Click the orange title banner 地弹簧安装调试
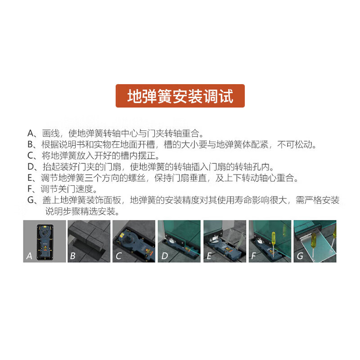(x=180, y=96)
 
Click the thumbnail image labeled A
(x=45, y=241)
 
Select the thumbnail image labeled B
(x=89, y=241)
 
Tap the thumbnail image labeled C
(x=134, y=241)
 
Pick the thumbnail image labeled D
(x=179, y=241)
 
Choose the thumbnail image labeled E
(x=225, y=241)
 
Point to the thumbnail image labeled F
(x=270, y=241)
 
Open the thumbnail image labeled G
(x=315, y=241)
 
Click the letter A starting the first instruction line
(x=31, y=134)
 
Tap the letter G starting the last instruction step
(x=31, y=201)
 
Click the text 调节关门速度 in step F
(x=64, y=189)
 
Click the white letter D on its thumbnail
(x=164, y=256)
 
